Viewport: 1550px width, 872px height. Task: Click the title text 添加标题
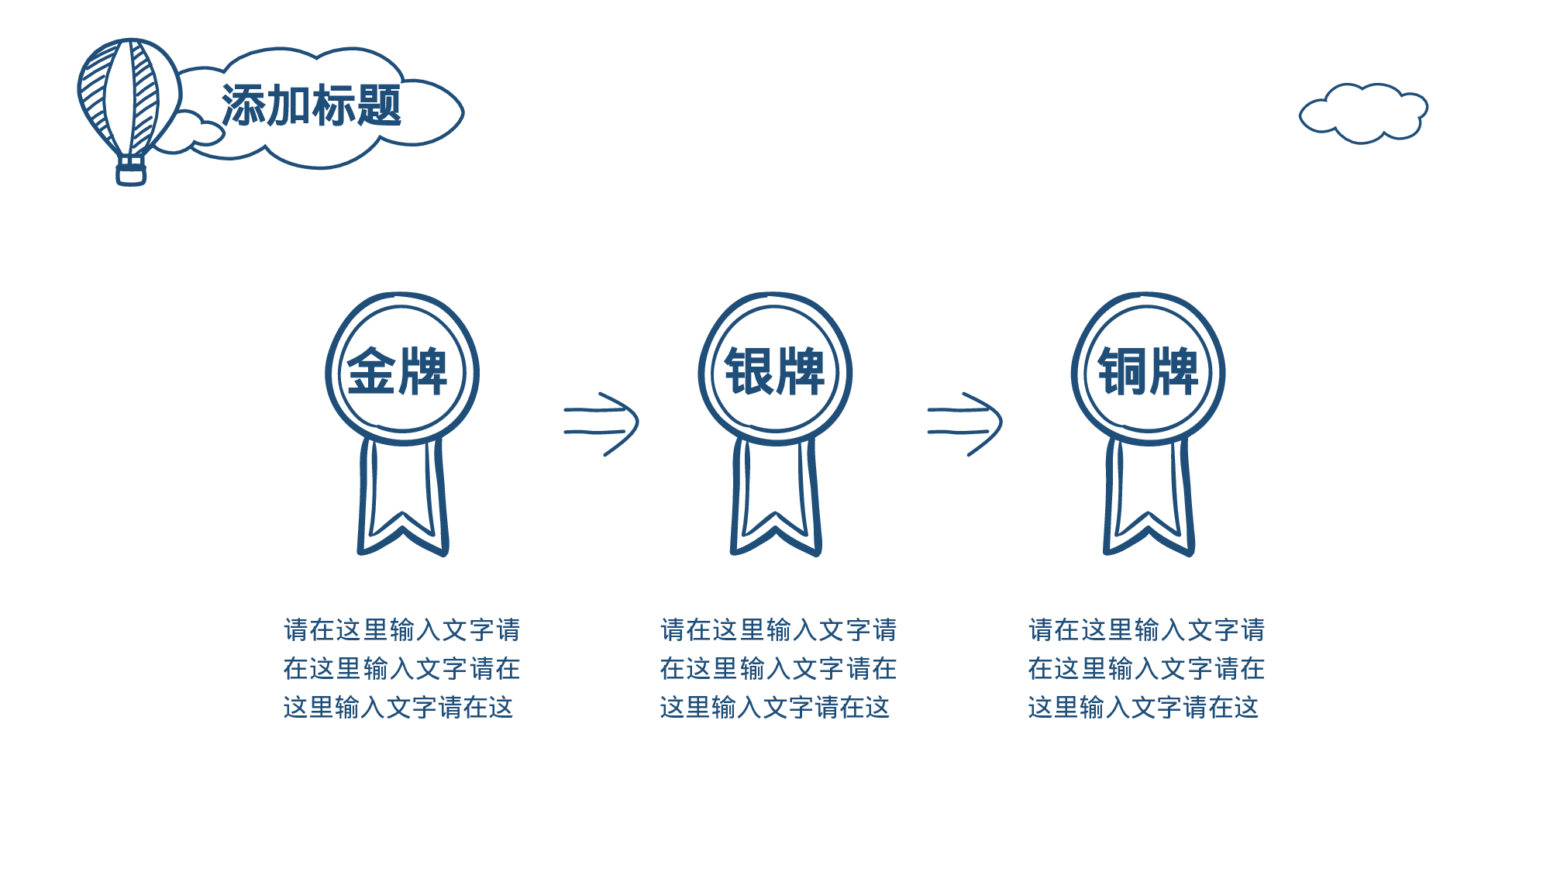coord(312,105)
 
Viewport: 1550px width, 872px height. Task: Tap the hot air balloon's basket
coord(131,171)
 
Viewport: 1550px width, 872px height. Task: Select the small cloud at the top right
coord(1364,113)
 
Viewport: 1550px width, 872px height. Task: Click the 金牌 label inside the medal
coord(397,372)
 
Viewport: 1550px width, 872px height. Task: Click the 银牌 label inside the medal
coord(774,372)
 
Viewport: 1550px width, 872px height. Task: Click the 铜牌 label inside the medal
coord(1148,372)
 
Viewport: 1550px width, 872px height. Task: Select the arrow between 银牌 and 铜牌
coord(966,423)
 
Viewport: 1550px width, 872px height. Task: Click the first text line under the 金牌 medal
coord(401,630)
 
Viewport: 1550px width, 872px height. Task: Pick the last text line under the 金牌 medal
coord(398,708)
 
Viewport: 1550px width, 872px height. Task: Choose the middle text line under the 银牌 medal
coord(778,669)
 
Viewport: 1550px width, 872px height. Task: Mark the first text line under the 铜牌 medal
coord(1146,630)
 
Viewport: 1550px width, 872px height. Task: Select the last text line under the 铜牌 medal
coord(1143,708)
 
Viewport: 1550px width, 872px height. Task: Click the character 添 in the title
coord(243,105)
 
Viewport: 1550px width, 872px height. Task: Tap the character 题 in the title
coord(380,105)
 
